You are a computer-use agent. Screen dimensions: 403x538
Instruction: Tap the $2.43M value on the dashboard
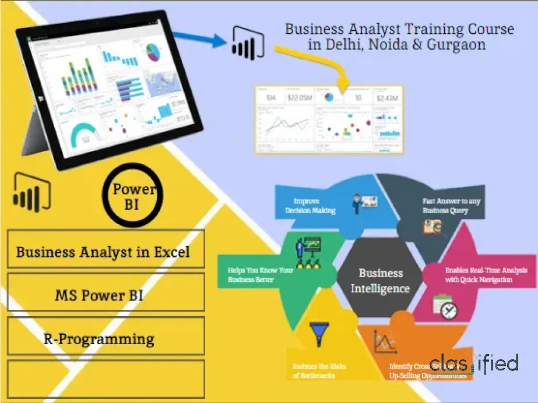pyautogui.click(x=388, y=97)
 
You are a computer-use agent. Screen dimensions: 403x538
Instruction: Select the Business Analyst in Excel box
pyautogui.click(x=106, y=253)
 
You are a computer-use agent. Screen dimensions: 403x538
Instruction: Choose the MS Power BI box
pyautogui.click(x=106, y=295)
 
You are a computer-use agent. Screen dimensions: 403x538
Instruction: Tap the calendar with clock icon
pyautogui.click(x=445, y=307)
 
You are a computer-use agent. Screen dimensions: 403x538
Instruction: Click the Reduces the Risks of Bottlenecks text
pyautogui.click(x=319, y=371)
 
